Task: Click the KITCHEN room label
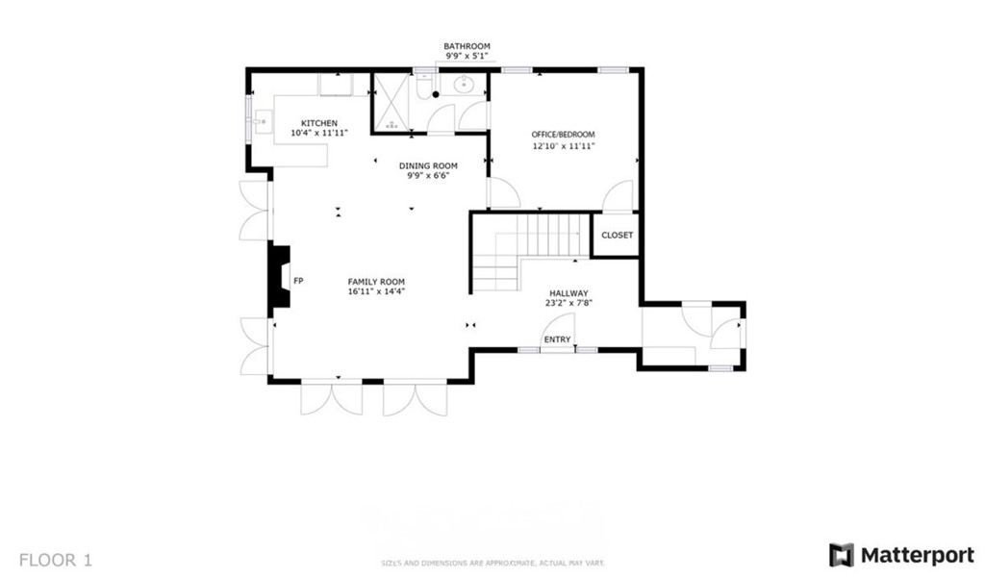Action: [319, 123]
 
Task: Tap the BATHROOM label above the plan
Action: [467, 46]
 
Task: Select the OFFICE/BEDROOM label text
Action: [564, 135]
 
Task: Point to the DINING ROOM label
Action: [428, 166]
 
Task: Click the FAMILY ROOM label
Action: [376, 282]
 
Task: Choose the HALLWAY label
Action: [568, 293]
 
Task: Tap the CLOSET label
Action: [617, 236]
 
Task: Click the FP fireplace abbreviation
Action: [298, 281]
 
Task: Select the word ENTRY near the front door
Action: [557, 339]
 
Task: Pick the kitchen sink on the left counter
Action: [261, 123]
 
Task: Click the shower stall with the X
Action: [392, 101]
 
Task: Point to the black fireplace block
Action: [279, 277]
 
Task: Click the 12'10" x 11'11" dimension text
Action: [564, 146]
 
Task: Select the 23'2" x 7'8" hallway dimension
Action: [568, 303]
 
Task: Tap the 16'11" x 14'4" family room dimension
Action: [376, 291]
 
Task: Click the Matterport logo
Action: [901, 556]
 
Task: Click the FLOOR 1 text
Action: [56, 559]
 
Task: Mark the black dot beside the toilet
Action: [435, 94]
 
